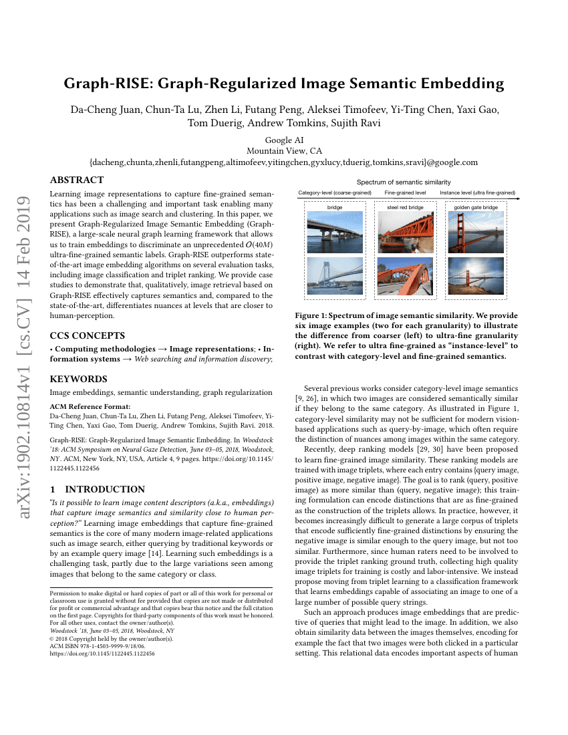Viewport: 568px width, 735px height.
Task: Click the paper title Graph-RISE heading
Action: [x=284, y=84]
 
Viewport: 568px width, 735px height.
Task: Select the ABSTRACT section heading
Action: [x=77, y=180]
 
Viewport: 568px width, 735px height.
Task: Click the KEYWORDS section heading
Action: [x=78, y=379]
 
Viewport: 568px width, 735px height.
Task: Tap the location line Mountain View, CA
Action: [x=284, y=151]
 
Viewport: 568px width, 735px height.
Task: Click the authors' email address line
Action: [x=284, y=162]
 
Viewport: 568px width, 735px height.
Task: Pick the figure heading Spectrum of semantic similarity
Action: [x=403, y=182]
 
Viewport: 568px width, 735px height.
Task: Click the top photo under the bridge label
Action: [x=335, y=232]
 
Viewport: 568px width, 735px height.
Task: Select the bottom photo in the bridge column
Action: [x=335, y=276]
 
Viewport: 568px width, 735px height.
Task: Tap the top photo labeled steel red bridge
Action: [x=405, y=232]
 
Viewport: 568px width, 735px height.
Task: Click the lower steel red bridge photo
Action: [x=405, y=276]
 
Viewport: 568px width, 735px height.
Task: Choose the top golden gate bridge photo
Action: [x=476, y=232]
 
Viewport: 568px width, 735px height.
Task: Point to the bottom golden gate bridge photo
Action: [x=476, y=276]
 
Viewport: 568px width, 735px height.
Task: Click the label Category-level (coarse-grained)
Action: [x=335, y=192]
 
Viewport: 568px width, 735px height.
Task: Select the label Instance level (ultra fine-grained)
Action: [x=477, y=192]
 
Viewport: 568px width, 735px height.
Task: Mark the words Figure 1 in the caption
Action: [x=313, y=315]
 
